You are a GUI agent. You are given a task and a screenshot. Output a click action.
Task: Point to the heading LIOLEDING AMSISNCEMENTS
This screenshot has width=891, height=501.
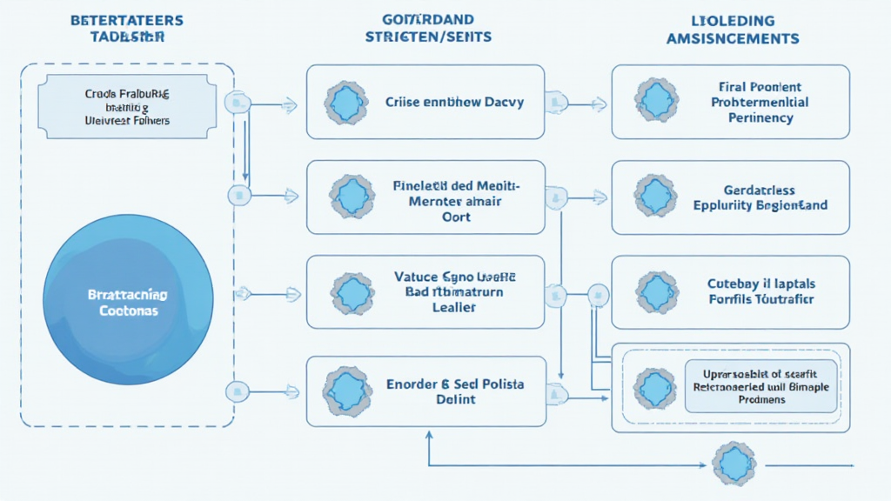(x=731, y=28)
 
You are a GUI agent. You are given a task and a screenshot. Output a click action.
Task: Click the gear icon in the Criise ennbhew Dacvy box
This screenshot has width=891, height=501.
(x=347, y=103)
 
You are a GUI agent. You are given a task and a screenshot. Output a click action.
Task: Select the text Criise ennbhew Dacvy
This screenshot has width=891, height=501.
(x=454, y=102)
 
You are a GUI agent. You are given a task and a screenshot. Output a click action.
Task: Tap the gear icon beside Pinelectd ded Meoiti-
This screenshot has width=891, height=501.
(x=353, y=197)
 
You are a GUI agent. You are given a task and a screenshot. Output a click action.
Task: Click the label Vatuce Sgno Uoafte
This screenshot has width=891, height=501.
(x=455, y=277)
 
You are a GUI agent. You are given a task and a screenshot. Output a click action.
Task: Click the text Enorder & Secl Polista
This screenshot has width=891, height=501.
(x=455, y=384)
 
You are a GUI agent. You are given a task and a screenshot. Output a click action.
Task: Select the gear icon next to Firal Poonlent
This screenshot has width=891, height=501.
(x=656, y=101)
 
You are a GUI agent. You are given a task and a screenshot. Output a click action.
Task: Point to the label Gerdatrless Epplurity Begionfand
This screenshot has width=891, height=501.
(x=760, y=197)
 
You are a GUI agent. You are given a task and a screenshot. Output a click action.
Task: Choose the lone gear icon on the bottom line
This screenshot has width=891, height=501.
(x=735, y=464)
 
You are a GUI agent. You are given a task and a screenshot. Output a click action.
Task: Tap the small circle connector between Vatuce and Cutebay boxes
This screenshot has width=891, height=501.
(x=599, y=293)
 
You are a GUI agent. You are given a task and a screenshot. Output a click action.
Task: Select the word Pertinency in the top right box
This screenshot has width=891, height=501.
(x=760, y=117)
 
